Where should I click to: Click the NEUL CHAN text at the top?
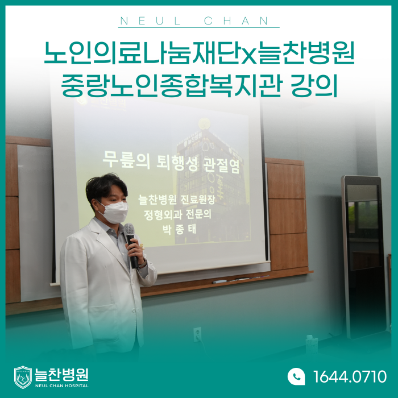194,21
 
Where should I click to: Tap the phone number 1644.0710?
350,376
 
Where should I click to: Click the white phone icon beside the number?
296,376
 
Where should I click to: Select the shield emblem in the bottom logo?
23,377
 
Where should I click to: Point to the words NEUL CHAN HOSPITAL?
62,385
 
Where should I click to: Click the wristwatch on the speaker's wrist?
143,264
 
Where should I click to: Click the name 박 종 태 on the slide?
179,229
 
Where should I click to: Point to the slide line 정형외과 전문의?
177,214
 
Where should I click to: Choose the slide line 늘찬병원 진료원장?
176,200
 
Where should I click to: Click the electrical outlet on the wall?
197,334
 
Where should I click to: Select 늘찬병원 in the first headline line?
305,53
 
